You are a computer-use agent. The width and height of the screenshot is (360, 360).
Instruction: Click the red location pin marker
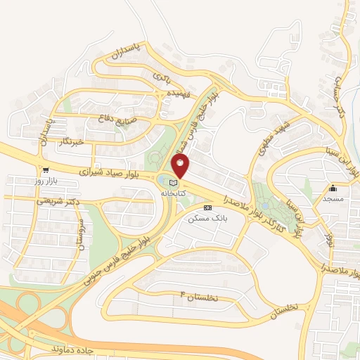[181, 167]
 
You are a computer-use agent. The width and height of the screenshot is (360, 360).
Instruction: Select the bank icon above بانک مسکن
[207, 208]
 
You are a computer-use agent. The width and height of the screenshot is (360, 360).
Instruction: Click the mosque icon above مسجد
[333, 188]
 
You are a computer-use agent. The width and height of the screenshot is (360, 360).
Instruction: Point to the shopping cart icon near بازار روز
[46, 170]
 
